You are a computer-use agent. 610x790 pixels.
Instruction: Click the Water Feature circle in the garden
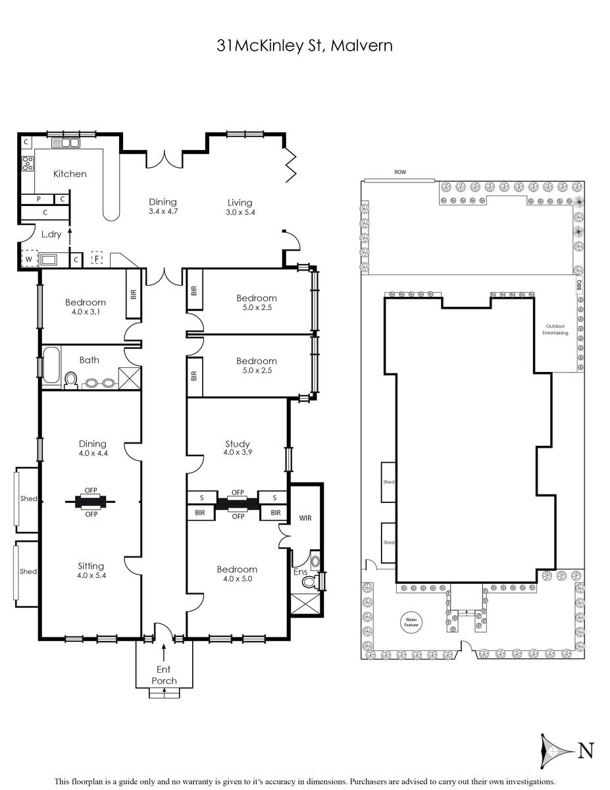411,622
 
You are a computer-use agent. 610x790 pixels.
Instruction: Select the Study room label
238,444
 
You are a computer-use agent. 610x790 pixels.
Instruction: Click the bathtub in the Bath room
51,365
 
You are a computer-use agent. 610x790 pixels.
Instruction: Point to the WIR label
305,517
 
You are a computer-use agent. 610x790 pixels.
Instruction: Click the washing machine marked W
30,259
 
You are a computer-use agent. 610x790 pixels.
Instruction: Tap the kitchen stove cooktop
28,163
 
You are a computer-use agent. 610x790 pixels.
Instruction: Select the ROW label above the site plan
400,172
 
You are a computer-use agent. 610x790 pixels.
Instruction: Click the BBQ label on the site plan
579,284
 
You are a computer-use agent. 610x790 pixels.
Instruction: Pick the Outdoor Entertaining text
555,329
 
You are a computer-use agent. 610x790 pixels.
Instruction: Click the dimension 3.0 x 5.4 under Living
240,213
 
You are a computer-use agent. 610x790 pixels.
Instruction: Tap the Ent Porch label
165,675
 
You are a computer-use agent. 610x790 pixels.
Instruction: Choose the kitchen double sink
66,142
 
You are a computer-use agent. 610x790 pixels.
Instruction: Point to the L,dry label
51,234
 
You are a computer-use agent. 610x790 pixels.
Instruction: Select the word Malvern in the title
361,46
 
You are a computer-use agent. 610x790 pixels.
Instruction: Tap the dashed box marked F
97,259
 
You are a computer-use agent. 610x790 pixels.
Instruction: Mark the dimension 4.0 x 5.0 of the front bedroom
238,579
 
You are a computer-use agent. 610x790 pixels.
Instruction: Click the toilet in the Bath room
71,380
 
